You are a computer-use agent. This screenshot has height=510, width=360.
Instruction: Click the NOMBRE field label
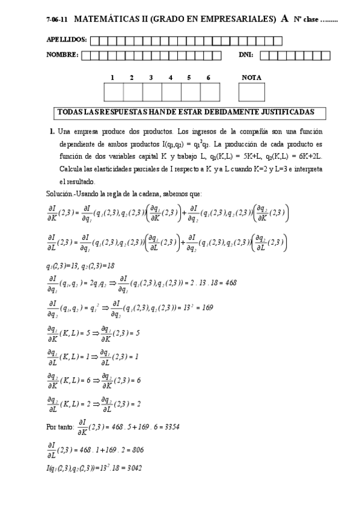click(x=62, y=55)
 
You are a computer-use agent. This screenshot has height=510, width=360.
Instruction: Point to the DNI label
click(x=246, y=55)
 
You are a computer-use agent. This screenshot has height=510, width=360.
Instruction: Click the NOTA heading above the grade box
click(x=251, y=78)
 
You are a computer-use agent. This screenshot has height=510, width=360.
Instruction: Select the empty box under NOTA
click(x=251, y=93)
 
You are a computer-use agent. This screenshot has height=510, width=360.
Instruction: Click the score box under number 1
click(x=113, y=93)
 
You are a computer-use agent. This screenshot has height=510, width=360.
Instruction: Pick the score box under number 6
click(x=209, y=93)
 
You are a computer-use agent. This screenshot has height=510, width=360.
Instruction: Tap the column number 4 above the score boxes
click(x=171, y=78)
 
